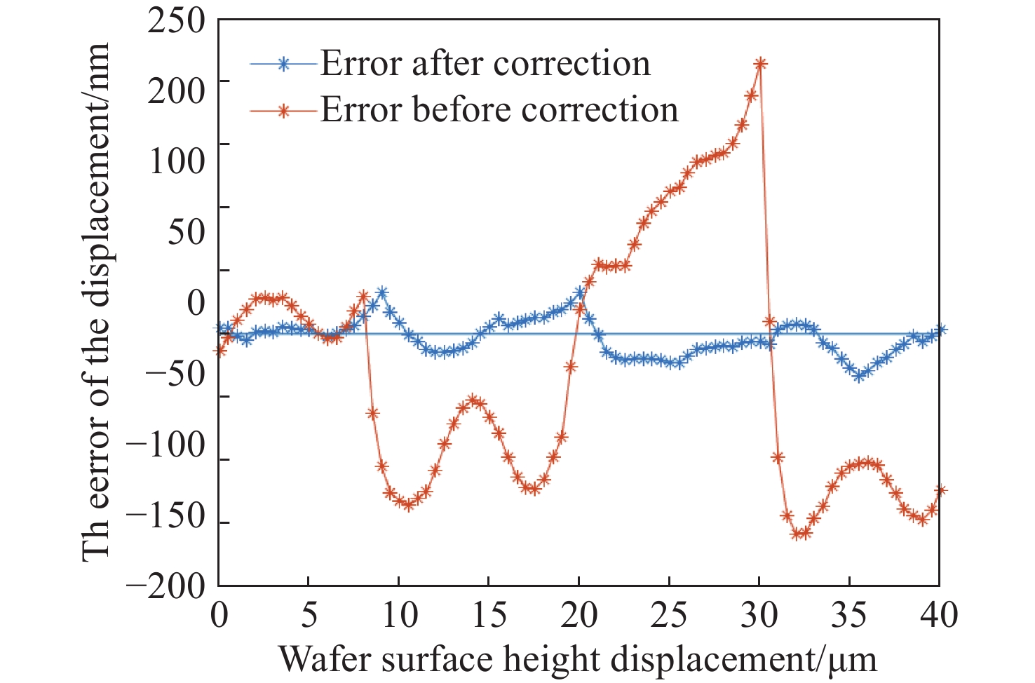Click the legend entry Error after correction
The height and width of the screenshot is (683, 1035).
tap(485, 64)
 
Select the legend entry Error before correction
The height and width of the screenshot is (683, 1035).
tap(499, 110)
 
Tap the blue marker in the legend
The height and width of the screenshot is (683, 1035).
tap(283, 64)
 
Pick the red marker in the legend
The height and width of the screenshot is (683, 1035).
tap(283, 110)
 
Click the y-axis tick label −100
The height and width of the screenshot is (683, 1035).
tap(166, 445)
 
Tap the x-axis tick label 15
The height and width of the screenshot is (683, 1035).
tap(489, 616)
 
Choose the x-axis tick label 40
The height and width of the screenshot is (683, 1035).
tap(939, 616)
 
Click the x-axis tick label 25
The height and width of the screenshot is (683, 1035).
tap(669, 616)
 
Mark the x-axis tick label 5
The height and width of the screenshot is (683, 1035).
tap(309, 616)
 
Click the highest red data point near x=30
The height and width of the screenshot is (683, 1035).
tap(760, 64)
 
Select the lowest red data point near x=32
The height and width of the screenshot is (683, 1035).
tap(797, 534)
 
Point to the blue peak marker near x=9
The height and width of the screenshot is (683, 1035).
tap(381, 292)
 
